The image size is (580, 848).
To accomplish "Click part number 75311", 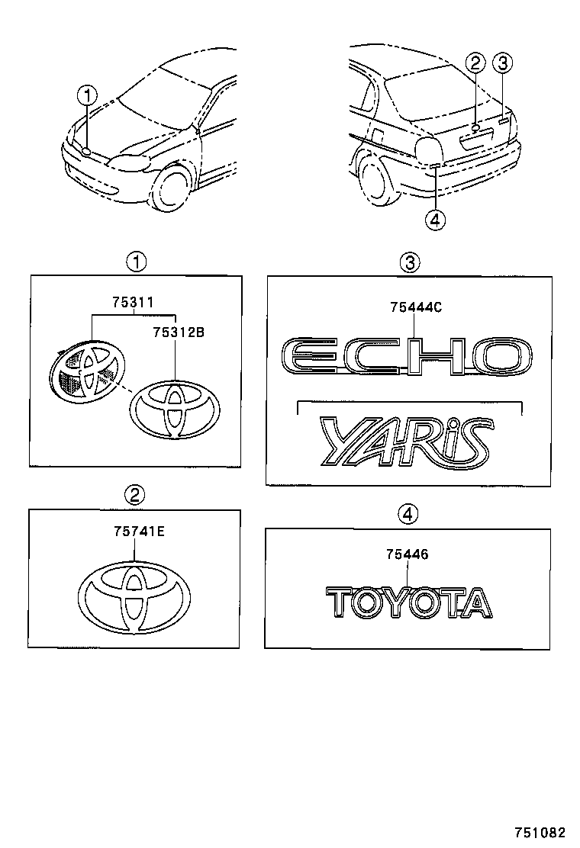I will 134,302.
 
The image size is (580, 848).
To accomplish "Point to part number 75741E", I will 134,533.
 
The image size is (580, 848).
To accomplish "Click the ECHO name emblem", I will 407,355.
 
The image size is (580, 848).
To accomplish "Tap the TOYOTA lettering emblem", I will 408,602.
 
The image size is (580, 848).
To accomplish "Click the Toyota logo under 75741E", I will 134,596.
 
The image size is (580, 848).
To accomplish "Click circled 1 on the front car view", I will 88,96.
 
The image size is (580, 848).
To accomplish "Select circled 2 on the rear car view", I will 475,63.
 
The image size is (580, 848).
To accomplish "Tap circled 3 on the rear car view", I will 502,63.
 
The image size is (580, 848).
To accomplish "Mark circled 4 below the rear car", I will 435,220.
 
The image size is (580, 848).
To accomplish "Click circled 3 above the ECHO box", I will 410,263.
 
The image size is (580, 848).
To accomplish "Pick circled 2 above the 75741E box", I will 134,495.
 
